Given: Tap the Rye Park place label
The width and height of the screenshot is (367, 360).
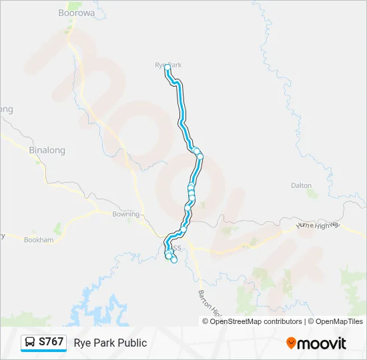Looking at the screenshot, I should pos(168,65).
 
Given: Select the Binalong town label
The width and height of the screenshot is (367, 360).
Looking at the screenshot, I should pos(47,150).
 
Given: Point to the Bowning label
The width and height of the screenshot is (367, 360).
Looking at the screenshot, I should pos(125,214).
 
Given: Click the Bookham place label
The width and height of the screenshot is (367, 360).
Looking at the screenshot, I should pos(39,239).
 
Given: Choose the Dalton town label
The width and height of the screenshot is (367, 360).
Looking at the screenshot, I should pos(302,185).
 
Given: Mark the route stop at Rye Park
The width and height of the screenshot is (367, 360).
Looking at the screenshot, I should pos(167,67).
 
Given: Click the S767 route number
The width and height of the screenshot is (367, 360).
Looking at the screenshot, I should pos(51,342).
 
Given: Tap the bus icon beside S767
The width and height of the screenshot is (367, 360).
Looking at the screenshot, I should pos(30,343).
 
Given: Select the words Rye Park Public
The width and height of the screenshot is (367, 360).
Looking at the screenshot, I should pos(110,343).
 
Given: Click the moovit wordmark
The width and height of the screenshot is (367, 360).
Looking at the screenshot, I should pos(322,343).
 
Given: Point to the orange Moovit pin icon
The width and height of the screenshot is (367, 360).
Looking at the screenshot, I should pos(291,343).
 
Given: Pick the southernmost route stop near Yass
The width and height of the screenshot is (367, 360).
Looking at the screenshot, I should pos(174,260).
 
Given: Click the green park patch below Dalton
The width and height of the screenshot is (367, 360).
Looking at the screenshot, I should pos(312,195).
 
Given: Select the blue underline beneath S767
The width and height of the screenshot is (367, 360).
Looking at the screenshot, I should pos(43,351).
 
